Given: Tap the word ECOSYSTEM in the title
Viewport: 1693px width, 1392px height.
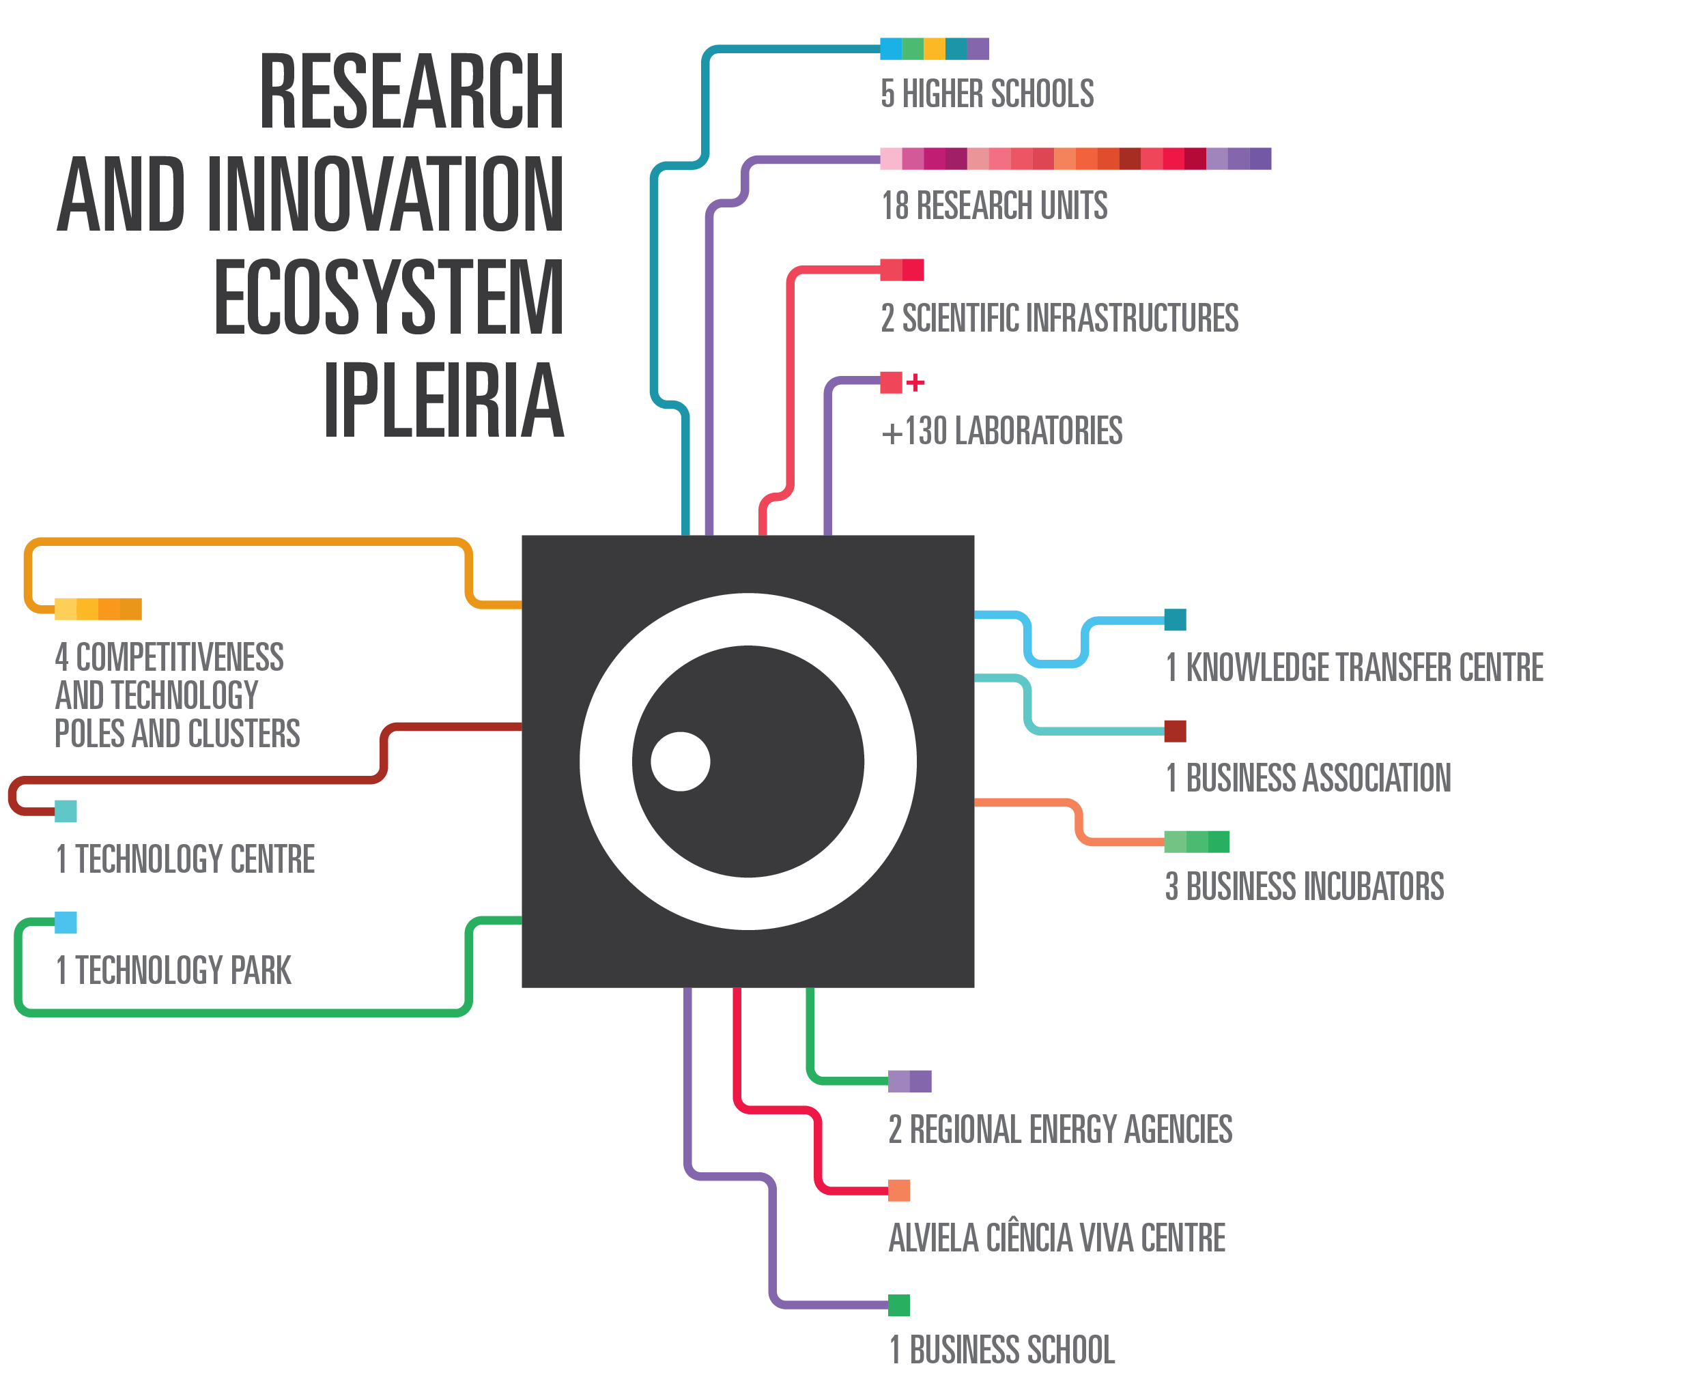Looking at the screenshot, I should pyautogui.click(x=388, y=297).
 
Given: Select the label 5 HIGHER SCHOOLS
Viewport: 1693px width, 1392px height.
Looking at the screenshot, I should pyautogui.click(x=986, y=93).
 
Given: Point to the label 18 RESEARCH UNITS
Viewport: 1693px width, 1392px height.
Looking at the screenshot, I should pyautogui.click(x=994, y=206).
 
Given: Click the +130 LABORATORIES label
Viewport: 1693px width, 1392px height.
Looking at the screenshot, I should pyautogui.click(x=1001, y=431).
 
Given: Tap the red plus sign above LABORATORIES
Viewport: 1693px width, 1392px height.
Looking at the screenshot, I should pyautogui.click(x=915, y=383).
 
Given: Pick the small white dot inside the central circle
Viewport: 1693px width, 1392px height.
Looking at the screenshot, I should pyautogui.click(x=680, y=761).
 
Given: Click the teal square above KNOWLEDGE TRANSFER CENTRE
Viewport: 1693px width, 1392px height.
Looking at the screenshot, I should pyautogui.click(x=1174, y=620).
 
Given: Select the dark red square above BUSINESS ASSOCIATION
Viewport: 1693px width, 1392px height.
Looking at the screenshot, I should pyautogui.click(x=1174, y=731).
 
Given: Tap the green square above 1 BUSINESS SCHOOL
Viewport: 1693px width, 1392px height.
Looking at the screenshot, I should pyautogui.click(x=898, y=1305).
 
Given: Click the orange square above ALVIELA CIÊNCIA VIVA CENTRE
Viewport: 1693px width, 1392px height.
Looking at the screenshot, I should pyautogui.click(x=898, y=1190).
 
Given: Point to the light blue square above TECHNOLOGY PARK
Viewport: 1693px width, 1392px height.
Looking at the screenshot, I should pyautogui.click(x=66, y=923).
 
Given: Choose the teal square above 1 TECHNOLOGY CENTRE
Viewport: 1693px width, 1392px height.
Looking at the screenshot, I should pyautogui.click(x=66, y=811).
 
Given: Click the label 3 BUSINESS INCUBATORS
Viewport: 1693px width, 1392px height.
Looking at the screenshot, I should pyautogui.click(x=1304, y=887).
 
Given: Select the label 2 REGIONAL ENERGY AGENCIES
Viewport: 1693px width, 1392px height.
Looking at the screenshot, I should pyautogui.click(x=1059, y=1130).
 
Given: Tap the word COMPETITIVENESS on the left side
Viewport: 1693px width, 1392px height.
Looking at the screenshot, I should pyautogui.click(x=179, y=658).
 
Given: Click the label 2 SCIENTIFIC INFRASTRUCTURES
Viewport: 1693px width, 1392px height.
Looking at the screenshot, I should pyautogui.click(x=1059, y=319).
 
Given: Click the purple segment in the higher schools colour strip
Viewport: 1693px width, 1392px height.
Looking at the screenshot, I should pyautogui.click(x=978, y=49).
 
